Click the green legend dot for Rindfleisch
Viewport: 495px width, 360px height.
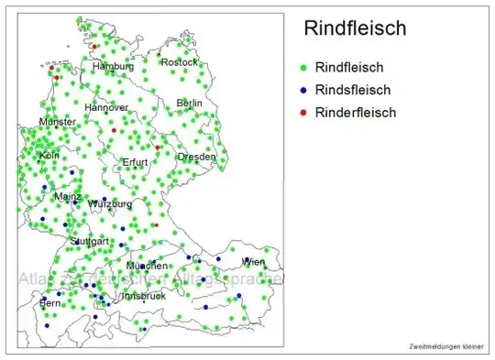pos(302,68)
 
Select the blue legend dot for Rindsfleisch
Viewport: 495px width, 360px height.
pos(302,91)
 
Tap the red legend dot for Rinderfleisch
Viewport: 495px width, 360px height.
pos(302,114)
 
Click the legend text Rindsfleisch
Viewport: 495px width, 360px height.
pos(353,90)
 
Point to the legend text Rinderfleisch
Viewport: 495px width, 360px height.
pos(356,113)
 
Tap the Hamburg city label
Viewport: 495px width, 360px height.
pos(113,67)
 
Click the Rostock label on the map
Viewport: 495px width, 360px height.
pos(179,62)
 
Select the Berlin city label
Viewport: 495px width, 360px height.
pos(190,104)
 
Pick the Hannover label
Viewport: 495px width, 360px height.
pos(106,107)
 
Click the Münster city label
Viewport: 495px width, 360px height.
pos(58,122)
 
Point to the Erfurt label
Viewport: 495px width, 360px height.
pos(135,162)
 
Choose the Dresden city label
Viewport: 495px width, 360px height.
pos(197,157)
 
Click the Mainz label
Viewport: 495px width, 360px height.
pos(68,197)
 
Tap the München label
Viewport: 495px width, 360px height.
pos(147,266)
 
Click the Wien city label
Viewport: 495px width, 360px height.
pos(253,262)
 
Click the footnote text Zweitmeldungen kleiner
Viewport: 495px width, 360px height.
pos(446,346)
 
